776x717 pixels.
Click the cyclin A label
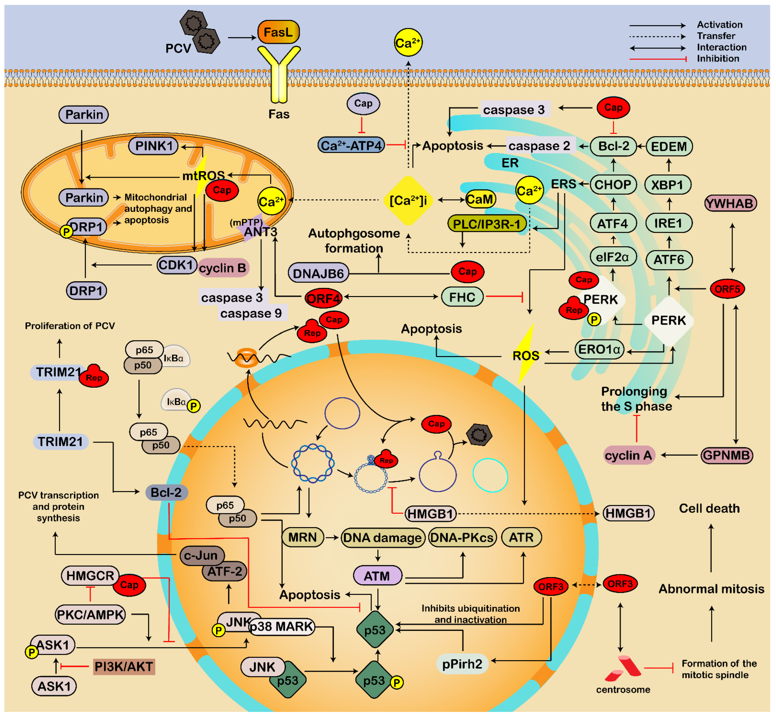pyautogui.click(x=628, y=455)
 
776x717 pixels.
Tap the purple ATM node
pyautogui.click(x=377, y=576)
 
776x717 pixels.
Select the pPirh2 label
pyautogui.click(x=462, y=664)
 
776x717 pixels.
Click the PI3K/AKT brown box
pyautogui.click(x=124, y=667)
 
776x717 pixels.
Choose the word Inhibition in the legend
pyautogui.click(x=718, y=59)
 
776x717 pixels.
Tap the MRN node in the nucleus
pyautogui.click(x=302, y=537)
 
